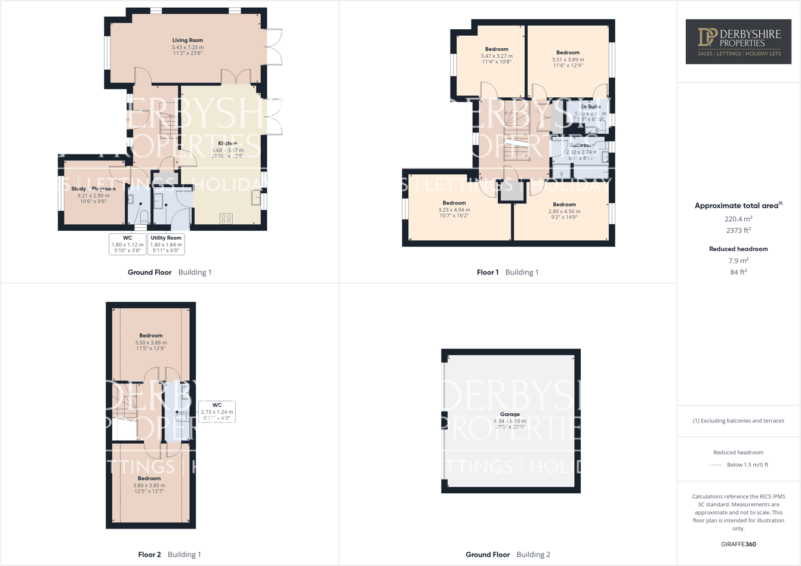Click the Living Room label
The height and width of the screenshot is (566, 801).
(187, 40)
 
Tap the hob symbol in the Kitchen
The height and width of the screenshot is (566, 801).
(226, 219)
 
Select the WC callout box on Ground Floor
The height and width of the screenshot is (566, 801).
(127, 244)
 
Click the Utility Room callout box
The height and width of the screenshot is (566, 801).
(166, 244)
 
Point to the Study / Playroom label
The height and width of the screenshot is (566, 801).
(94, 188)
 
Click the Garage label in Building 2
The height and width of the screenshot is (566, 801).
(510, 414)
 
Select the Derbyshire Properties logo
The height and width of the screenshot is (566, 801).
(738, 41)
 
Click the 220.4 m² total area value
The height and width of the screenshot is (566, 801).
(738, 219)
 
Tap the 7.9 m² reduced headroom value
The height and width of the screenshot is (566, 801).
(738, 261)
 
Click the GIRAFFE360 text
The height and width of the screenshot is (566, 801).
(738, 544)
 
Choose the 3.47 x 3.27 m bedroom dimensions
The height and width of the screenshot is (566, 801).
(497, 56)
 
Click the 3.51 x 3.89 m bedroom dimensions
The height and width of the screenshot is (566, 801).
(568, 60)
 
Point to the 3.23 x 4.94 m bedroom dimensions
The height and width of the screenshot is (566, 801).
(454, 210)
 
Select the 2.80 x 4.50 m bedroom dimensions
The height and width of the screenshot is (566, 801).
(564, 211)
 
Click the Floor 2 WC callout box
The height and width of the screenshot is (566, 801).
(217, 412)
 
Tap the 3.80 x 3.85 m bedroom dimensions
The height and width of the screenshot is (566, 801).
(149, 485)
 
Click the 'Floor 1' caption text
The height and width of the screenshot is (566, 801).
(488, 272)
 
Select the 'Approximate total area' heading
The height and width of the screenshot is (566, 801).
(738, 205)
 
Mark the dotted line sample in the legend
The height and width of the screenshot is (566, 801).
(715, 465)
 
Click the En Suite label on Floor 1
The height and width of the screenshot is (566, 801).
(590, 107)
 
